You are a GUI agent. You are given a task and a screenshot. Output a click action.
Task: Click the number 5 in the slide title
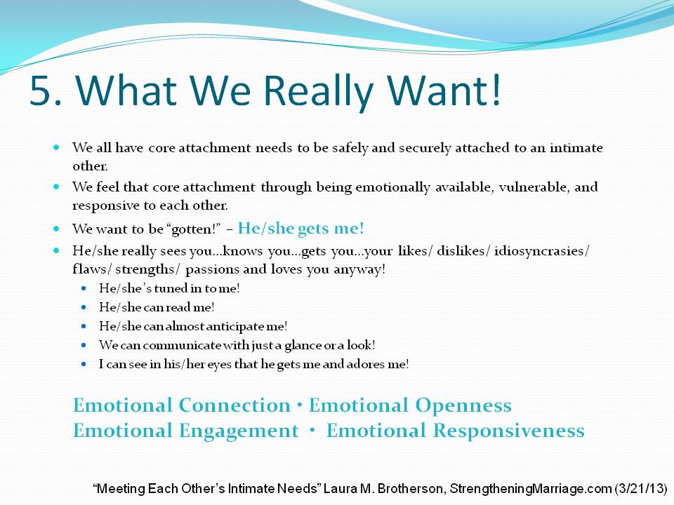[43, 90]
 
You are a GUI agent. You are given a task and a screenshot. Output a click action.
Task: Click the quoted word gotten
[193, 229]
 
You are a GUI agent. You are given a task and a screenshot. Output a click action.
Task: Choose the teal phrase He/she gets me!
[301, 228]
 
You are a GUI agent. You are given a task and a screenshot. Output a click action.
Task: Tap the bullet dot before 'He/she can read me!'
[84, 307]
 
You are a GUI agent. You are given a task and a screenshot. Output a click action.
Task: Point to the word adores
[365, 364]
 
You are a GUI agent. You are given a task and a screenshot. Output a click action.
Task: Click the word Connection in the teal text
[234, 405]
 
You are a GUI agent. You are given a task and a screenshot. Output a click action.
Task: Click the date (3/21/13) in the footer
[641, 489]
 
